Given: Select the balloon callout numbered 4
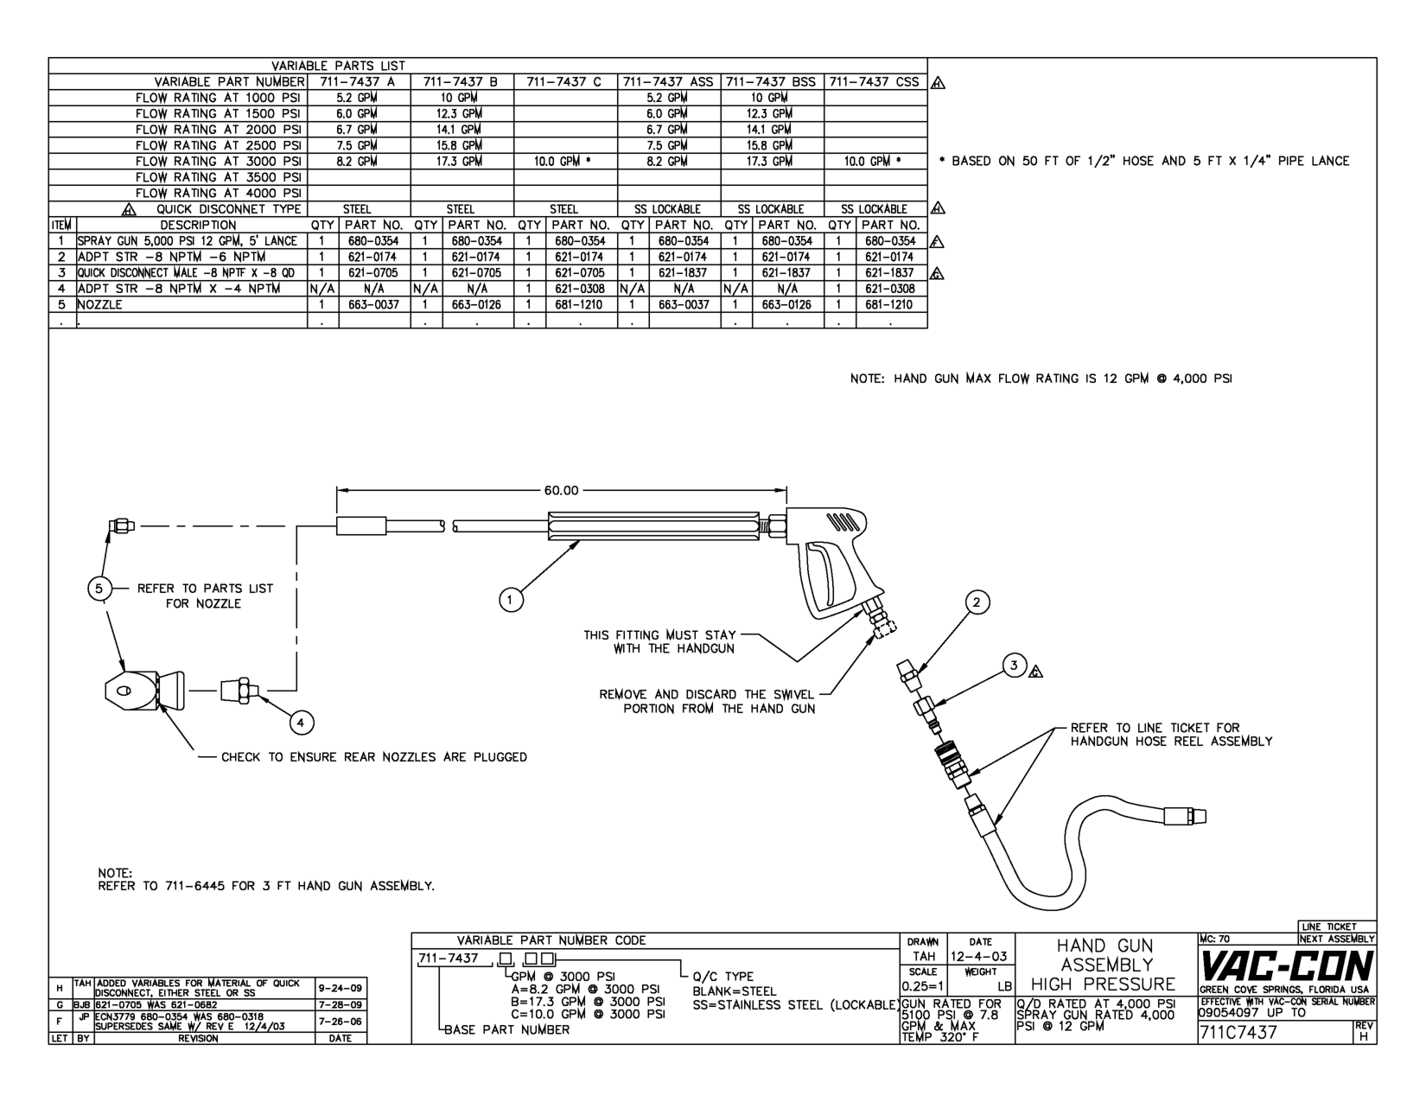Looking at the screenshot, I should click(x=301, y=722).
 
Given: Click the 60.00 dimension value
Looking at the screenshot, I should click(x=561, y=491).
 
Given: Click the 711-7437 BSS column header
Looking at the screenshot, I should click(x=772, y=82).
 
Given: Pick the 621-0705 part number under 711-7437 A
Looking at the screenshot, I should click(x=373, y=272).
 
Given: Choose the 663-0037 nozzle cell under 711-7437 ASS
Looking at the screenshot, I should click(x=684, y=304).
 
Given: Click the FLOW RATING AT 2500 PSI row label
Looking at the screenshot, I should click(x=218, y=145).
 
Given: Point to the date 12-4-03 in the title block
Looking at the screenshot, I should click(x=979, y=957).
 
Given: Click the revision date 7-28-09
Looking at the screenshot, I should click(x=341, y=1004).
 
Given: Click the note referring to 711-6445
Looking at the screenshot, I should click(x=266, y=886).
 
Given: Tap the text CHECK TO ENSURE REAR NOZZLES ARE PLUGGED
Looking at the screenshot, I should click(x=373, y=757).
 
